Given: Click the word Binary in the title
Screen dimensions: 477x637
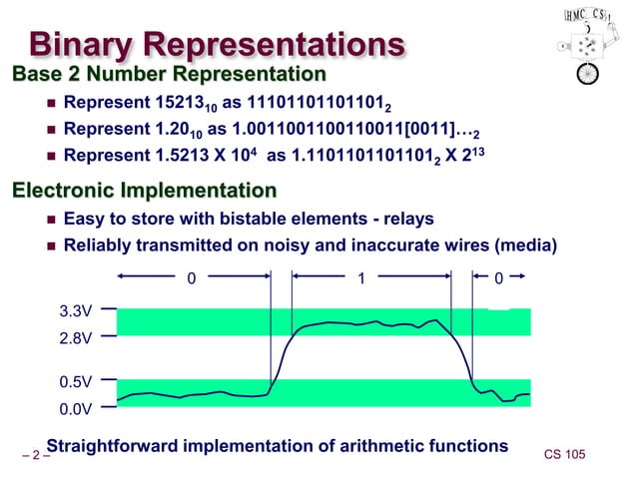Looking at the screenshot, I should point(83,45).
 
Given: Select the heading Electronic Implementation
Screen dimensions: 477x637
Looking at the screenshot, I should point(144,190).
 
